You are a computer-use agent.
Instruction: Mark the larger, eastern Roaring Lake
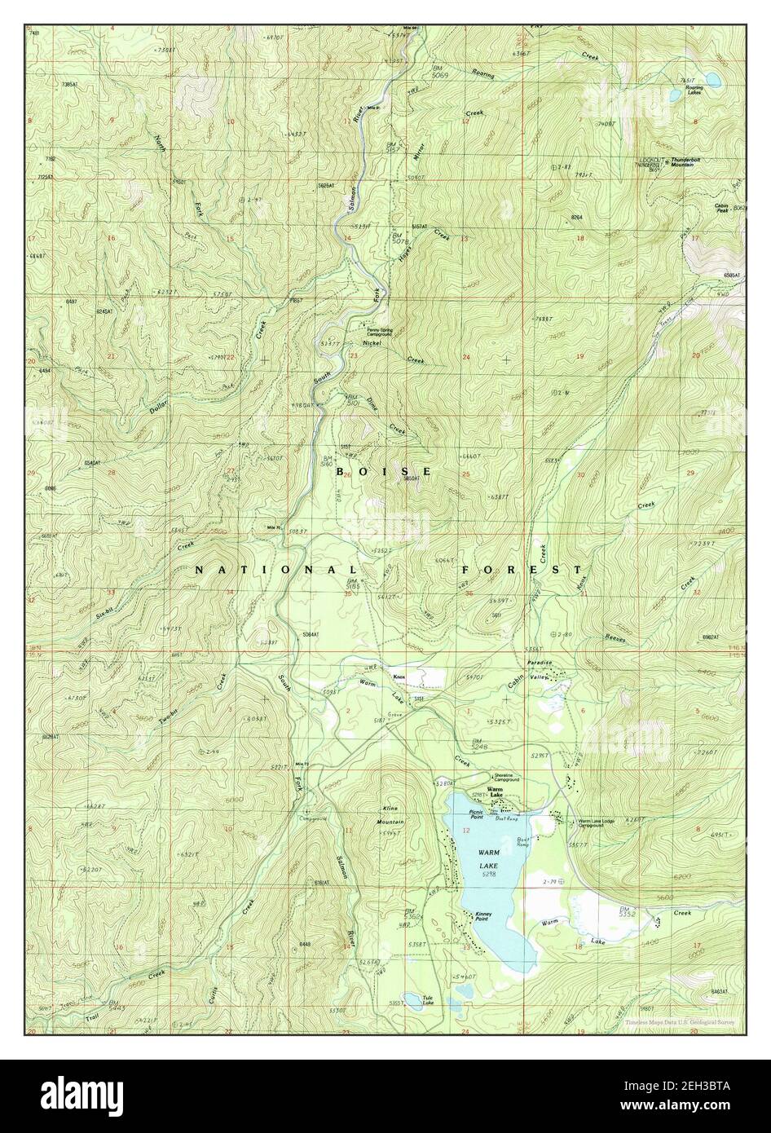point(712,79)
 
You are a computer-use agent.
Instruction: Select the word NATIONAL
point(275,570)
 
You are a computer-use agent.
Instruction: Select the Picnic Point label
point(477,813)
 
